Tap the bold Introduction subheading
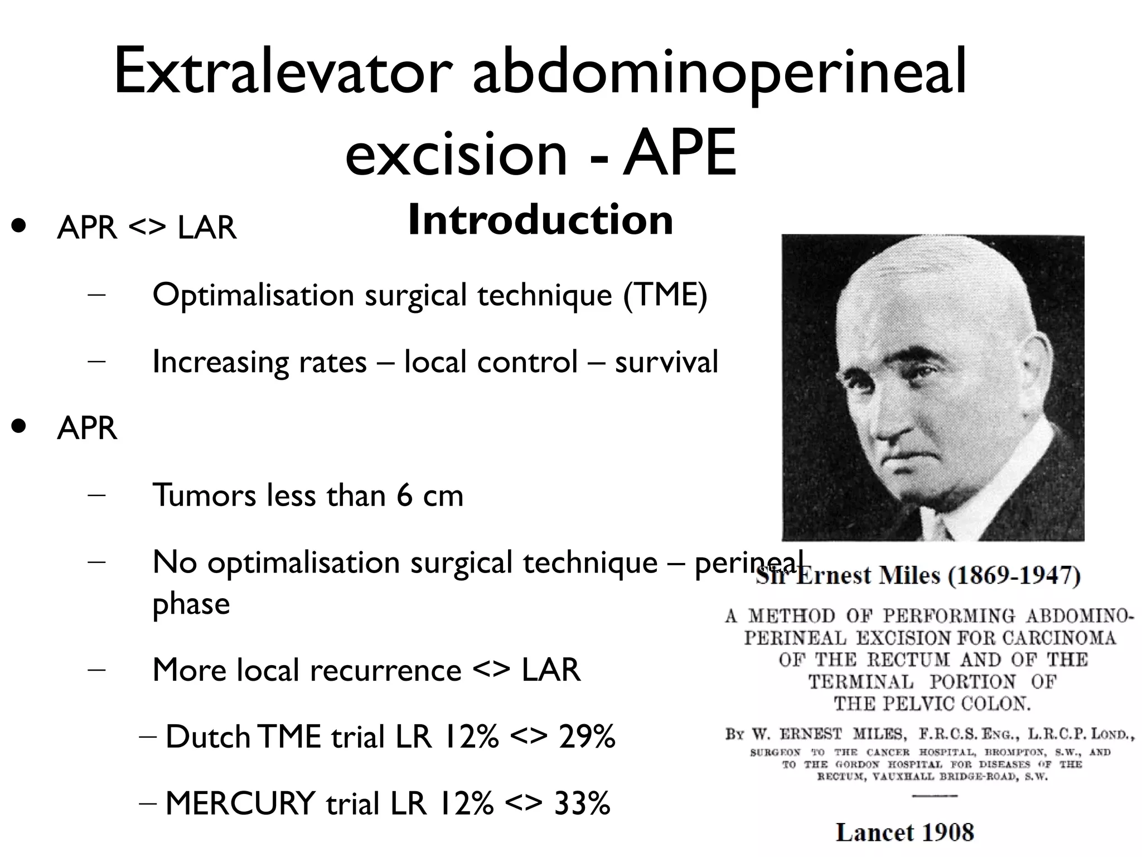tap(540, 220)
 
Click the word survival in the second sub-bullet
tap(666, 362)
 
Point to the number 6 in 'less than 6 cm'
tap(405, 495)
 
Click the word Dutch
tap(208, 736)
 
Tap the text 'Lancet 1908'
tap(904, 832)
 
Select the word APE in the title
tap(680, 152)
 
